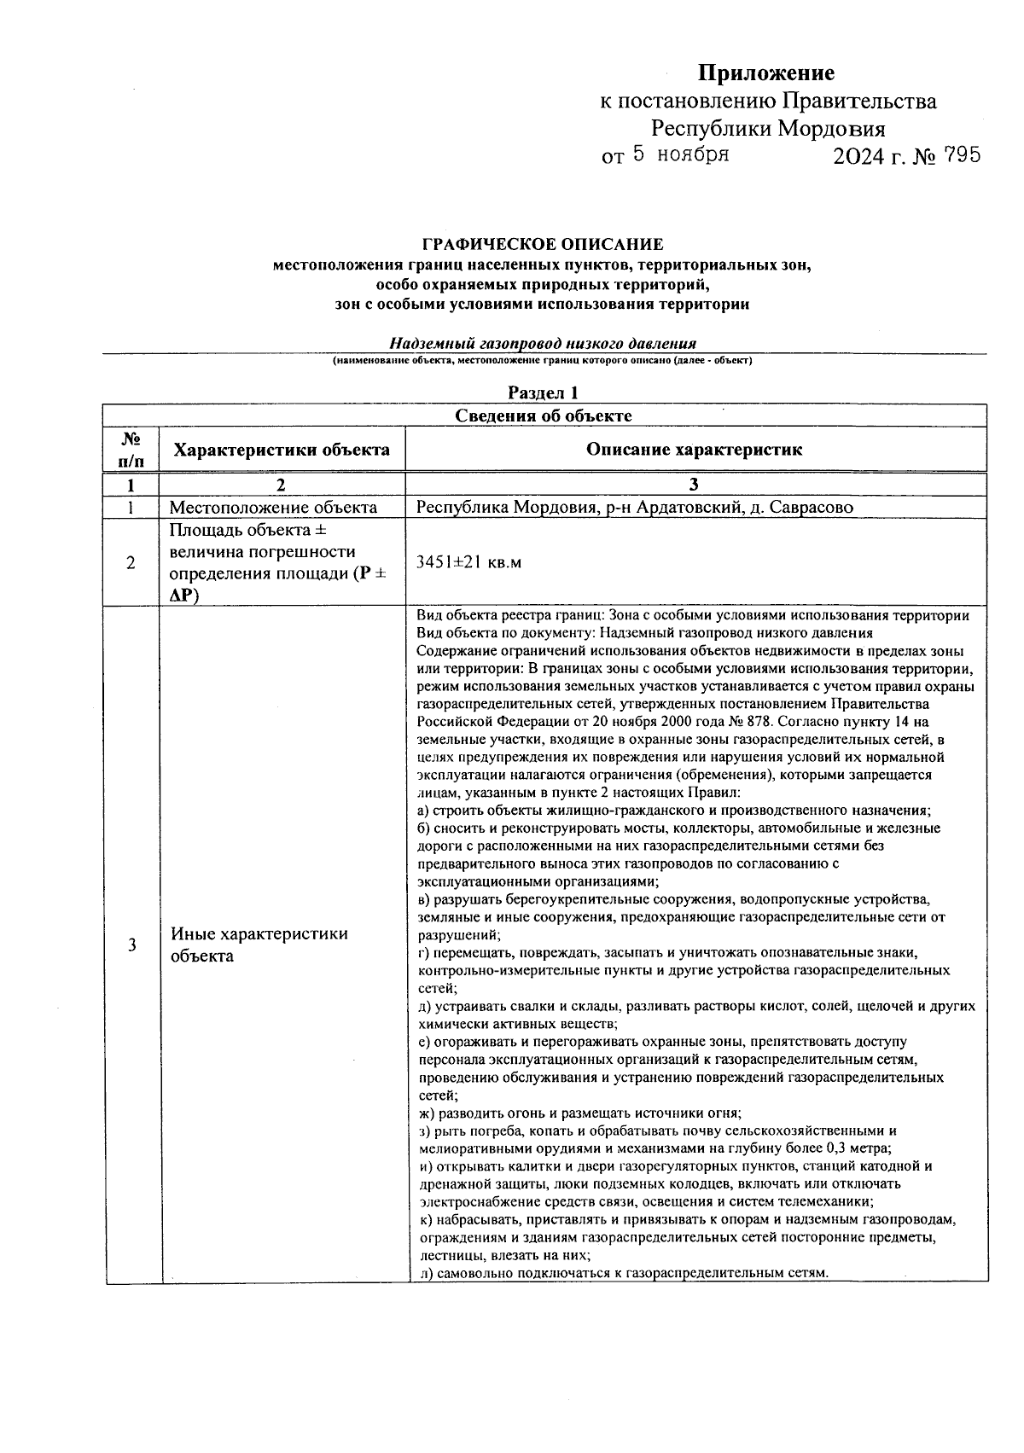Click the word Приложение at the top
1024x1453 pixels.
pyautogui.click(x=765, y=73)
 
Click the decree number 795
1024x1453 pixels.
pyautogui.click(x=957, y=155)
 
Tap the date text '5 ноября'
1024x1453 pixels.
pyautogui.click(x=680, y=154)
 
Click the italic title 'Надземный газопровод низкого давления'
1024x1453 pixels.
pyautogui.click(x=543, y=344)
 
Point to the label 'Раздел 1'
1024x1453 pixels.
pyautogui.click(x=544, y=392)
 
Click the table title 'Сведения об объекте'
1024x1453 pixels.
pyautogui.click(x=544, y=416)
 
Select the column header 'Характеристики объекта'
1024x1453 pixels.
pyautogui.click(x=282, y=450)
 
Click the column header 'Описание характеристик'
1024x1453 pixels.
pyautogui.click(x=694, y=450)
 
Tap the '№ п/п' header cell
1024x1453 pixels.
pyautogui.click(x=131, y=450)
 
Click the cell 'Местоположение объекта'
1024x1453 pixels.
pyautogui.click(x=273, y=508)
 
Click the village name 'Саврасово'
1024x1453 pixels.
pyautogui.click(x=812, y=508)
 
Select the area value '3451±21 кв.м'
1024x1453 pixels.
pyautogui.click(x=468, y=562)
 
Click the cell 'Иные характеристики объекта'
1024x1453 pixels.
pyautogui.click(x=259, y=944)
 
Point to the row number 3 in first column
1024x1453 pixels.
pyautogui.click(x=131, y=944)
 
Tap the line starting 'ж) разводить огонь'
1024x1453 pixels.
pyautogui.click(x=580, y=1113)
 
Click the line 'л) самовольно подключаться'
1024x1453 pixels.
pyautogui.click(x=624, y=1273)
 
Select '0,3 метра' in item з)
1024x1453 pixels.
pyautogui.click(x=858, y=1148)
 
